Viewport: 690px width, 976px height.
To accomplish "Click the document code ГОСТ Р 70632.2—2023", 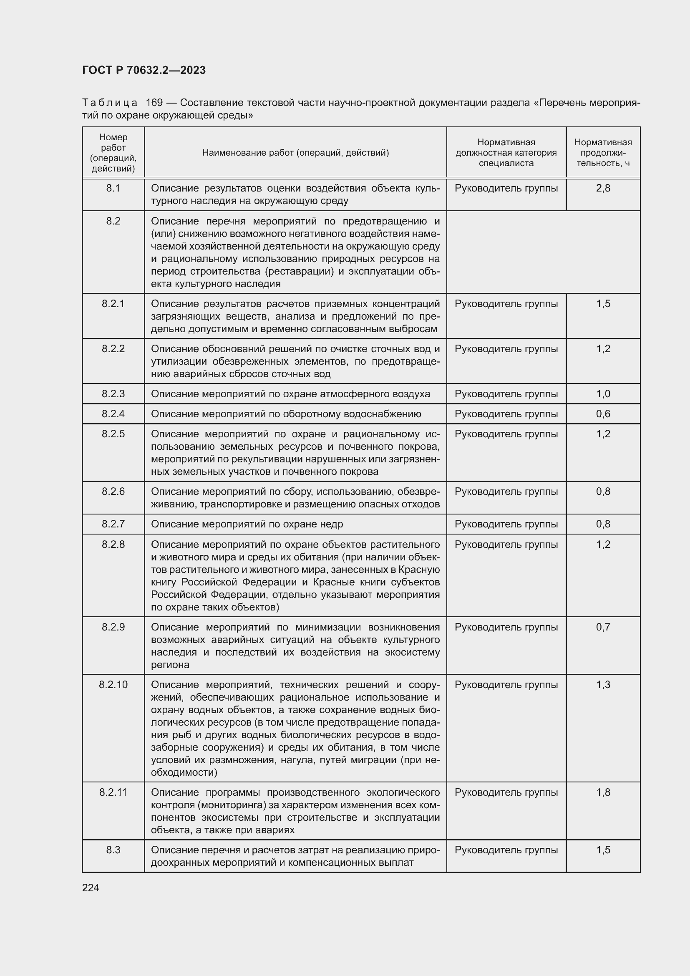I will click(144, 70).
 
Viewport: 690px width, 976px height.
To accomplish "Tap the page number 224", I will click(91, 888).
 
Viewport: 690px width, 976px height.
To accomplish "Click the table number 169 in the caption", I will click(154, 103).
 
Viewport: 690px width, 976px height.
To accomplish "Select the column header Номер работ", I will click(113, 153).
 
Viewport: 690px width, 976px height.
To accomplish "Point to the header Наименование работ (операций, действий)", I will click(295, 153).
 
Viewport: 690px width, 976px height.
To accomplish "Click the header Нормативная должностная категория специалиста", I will click(506, 153).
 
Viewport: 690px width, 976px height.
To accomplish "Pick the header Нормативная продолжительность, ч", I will click(603, 153).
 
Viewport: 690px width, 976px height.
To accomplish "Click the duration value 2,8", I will click(603, 188).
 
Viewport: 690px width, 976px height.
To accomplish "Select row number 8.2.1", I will click(113, 304).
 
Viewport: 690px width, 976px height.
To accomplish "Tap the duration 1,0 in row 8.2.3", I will click(603, 394).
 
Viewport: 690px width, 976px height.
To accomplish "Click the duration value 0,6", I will click(603, 414).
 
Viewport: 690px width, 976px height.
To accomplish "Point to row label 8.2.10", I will click(113, 685).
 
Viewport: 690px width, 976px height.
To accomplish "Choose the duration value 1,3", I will click(603, 685).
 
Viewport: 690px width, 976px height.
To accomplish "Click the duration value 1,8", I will click(603, 793).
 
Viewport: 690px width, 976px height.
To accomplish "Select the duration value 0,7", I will click(603, 628).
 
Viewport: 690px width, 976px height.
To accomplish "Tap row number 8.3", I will click(113, 850).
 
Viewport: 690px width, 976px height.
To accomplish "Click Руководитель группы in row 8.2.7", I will click(506, 524).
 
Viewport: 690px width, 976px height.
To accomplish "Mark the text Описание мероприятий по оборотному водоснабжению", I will click(286, 414).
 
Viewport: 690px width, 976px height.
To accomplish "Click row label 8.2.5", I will click(113, 434).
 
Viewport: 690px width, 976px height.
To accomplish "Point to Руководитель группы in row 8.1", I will click(506, 188).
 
